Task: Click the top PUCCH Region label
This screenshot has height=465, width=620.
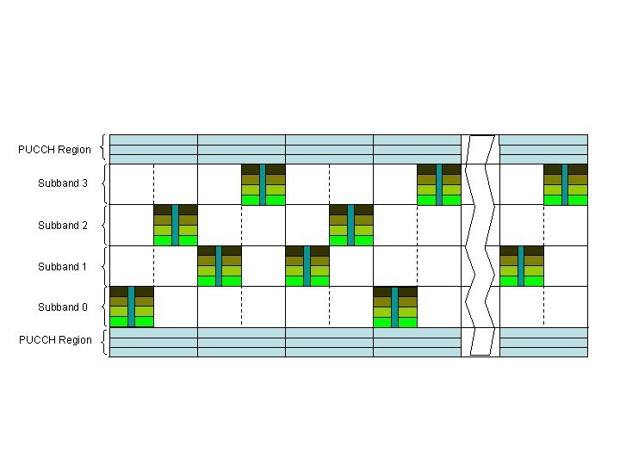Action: [54, 150]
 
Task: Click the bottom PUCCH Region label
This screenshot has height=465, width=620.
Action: [55, 340]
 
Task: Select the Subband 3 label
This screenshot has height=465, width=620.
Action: [62, 183]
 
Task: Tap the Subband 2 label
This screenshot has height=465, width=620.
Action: [62, 226]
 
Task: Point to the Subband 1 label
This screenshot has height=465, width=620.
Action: [62, 267]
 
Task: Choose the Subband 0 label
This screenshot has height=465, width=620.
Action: [62, 307]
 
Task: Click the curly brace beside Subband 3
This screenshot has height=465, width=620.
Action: [104, 183]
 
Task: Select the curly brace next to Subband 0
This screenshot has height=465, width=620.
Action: [104, 307]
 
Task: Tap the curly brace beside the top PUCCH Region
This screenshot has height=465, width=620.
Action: [104, 148]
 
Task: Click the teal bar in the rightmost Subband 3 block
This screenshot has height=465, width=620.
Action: [565, 183]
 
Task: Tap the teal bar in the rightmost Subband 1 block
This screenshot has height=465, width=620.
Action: [521, 265]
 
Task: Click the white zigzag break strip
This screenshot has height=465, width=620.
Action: [480, 245]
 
